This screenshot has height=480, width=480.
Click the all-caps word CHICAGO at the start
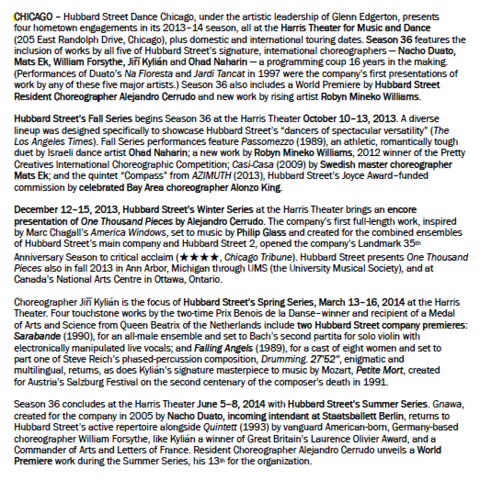pyautogui.click(x=33, y=17)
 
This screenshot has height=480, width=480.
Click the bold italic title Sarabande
pyautogui.click(x=34, y=336)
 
